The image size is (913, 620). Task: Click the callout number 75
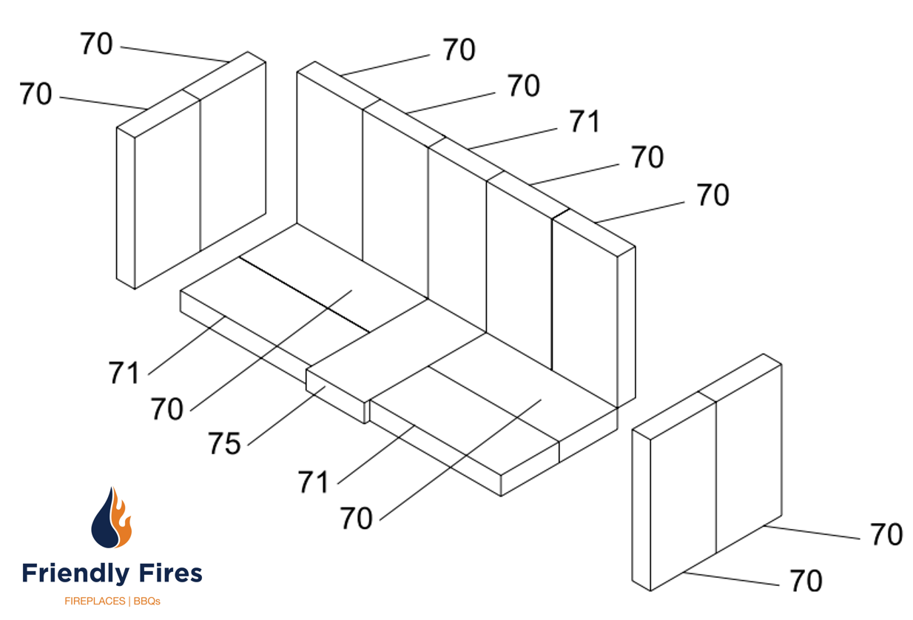click(224, 444)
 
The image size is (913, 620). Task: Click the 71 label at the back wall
click(584, 121)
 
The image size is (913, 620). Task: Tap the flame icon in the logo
click(112, 518)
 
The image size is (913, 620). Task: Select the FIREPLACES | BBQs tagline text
click(112, 601)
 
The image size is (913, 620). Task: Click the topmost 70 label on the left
click(96, 44)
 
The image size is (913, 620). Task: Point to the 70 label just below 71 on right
click(647, 158)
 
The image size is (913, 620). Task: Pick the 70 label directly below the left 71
click(167, 408)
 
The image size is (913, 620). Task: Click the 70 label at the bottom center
click(357, 519)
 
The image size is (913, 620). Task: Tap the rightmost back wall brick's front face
click(584, 311)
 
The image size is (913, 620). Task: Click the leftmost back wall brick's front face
click(329, 163)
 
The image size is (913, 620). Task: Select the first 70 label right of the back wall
click(459, 50)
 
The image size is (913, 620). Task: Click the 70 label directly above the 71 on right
click(524, 87)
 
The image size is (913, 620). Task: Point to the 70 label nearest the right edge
click(886, 534)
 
